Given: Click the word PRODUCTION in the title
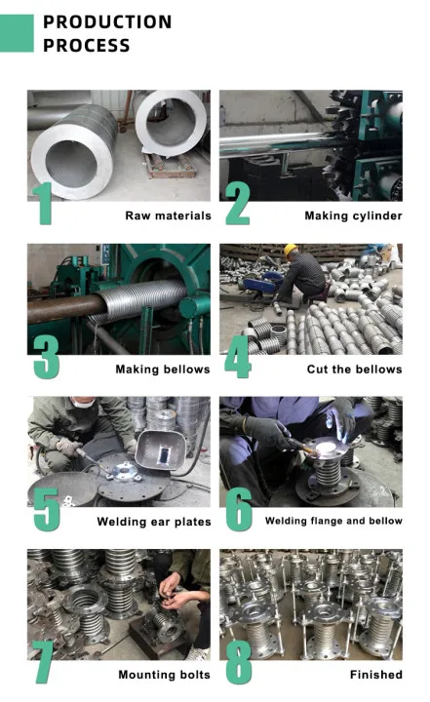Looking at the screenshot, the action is tap(107, 21).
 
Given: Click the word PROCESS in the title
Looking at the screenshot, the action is tap(87, 46).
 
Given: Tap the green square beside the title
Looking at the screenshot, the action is tap(17, 33).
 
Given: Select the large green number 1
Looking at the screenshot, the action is tap(44, 203).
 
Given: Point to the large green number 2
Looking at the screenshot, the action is tap(237, 203).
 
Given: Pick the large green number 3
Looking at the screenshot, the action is tap(46, 357).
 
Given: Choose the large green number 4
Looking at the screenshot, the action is tap(237, 357).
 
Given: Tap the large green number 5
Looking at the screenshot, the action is tap(46, 510).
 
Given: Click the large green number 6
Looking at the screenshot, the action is tap(239, 510).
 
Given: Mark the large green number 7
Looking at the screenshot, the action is tap(44, 663).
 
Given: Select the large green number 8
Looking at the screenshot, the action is tap(239, 663).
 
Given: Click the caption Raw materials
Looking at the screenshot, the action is tap(168, 215).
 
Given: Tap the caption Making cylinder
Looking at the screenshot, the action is tap(353, 216).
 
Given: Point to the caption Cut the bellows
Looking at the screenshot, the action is tap(354, 370).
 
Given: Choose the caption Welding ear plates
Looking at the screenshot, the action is tap(154, 522).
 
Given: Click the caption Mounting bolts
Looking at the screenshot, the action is tap(164, 675).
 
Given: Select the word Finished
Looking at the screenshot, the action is tap(376, 675).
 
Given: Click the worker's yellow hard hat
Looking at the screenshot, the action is tap(291, 250).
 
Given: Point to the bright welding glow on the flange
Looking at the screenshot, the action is tap(326, 447).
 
